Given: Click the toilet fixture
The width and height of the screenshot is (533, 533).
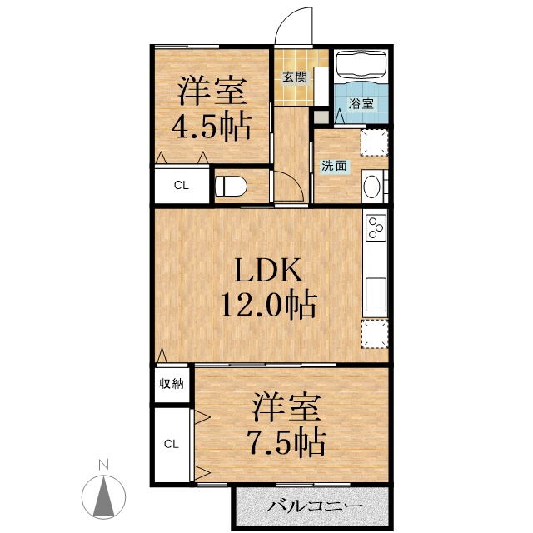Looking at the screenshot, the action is pyautogui.click(x=231, y=186).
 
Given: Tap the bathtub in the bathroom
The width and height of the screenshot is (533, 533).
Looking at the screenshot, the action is pyautogui.click(x=361, y=65).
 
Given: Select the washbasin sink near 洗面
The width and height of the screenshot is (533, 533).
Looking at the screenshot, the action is pyautogui.click(x=371, y=186).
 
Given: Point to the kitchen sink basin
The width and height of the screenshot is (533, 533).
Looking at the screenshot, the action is pyautogui.click(x=376, y=294).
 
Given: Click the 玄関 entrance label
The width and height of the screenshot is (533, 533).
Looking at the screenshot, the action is pyautogui.click(x=295, y=77).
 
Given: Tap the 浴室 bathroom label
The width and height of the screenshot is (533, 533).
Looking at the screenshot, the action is pyautogui.click(x=361, y=103).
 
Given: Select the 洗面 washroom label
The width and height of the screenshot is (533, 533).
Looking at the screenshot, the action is pyautogui.click(x=334, y=166).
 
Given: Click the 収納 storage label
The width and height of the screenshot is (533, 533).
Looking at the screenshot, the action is pyautogui.click(x=172, y=384).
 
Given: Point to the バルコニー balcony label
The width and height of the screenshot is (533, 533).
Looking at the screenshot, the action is pyautogui.click(x=315, y=507).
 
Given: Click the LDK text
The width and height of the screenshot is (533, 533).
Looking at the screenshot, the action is pyautogui.click(x=268, y=270).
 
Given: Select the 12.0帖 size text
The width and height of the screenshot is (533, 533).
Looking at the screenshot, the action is pyautogui.click(x=268, y=304).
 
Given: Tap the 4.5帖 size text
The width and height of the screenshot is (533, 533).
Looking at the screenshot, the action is pyautogui.click(x=212, y=127).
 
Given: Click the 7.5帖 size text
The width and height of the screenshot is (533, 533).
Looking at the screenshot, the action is pyautogui.click(x=287, y=441).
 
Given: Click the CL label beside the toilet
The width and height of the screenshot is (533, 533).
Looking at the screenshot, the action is pyautogui.click(x=182, y=185).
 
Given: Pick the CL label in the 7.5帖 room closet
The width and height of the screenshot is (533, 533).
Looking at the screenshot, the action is pyautogui.click(x=171, y=444).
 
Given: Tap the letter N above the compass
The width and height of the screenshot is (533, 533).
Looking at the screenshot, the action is pyautogui.click(x=103, y=465).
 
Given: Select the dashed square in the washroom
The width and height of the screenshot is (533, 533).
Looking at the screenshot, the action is pyautogui.click(x=374, y=142).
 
